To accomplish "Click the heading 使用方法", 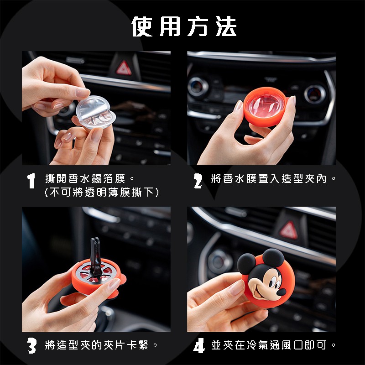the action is (x=184, y=26).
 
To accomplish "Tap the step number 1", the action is (x=31, y=181).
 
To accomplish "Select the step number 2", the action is (x=198, y=181).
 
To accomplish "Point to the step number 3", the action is (x=32, y=346).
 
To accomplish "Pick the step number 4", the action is (x=199, y=346).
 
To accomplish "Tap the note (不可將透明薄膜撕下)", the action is (x=102, y=193).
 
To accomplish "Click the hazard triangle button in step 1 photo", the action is (x=124, y=68).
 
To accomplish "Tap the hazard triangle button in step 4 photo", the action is (x=289, y=230).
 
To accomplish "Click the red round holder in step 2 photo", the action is (x=266, y=107).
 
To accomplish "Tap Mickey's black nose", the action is (x=282, y=292).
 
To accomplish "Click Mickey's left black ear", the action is (x=246, y=264).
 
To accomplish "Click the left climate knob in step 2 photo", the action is (x=198, y=87).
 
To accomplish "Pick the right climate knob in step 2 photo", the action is (x=315, y=94).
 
